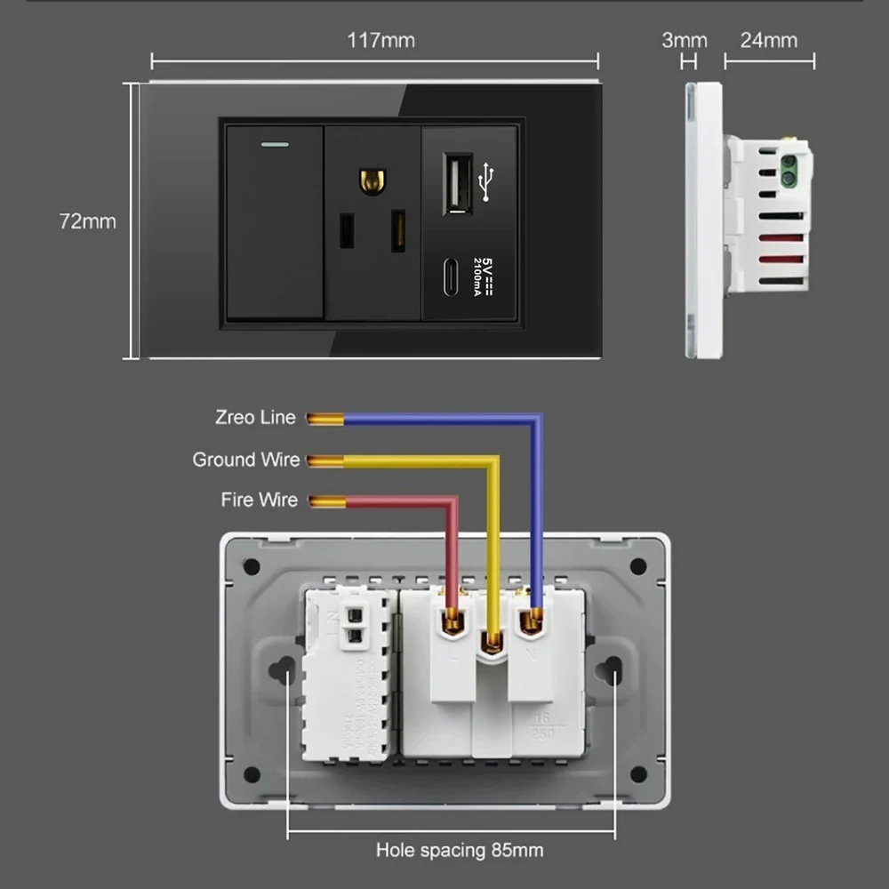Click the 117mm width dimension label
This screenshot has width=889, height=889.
380,40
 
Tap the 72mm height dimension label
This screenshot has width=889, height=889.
87,221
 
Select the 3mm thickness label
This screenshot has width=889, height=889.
685,40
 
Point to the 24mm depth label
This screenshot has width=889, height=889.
769,40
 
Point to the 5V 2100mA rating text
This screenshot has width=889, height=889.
483,275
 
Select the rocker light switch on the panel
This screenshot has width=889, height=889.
274,222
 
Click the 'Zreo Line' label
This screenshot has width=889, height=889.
255,417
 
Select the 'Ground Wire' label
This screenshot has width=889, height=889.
246,460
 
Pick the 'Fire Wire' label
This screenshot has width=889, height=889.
259,501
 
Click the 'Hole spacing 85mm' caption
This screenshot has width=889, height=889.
459,851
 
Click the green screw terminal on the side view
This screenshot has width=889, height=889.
788,171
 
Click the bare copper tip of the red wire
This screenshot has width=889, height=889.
325,501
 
